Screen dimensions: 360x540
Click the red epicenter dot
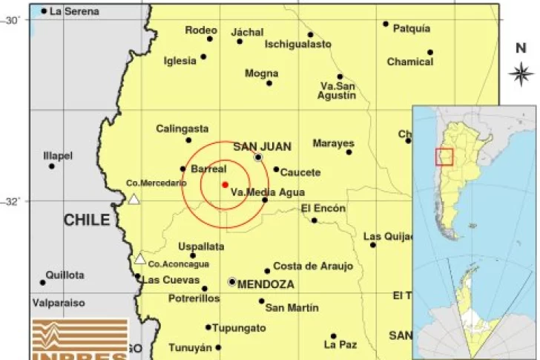click(x=224, y=184)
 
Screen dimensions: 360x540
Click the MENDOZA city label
click(x=266, y=284)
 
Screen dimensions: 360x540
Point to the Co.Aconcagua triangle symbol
click(x=140, y=259)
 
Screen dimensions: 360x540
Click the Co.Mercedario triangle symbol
click(x=134, y=199)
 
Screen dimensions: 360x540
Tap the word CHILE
click(x=87, y=220)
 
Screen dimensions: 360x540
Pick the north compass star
click(x=521, y=73)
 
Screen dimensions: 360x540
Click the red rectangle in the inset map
click(x=444, y=157)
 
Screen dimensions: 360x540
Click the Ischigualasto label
click(x=298, y=45)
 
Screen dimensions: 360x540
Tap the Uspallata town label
click(x=201, y=246)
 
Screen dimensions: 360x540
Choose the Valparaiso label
click(x=59, y=303)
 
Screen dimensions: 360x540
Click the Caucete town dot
click(x=276, y=169)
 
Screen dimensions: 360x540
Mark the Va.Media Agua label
click(x=257, y=192)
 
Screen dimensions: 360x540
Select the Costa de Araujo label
click(x=313, y=266)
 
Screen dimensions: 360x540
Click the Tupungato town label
click(x=240, y=327)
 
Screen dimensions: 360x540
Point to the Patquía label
click(x=411, y=28)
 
